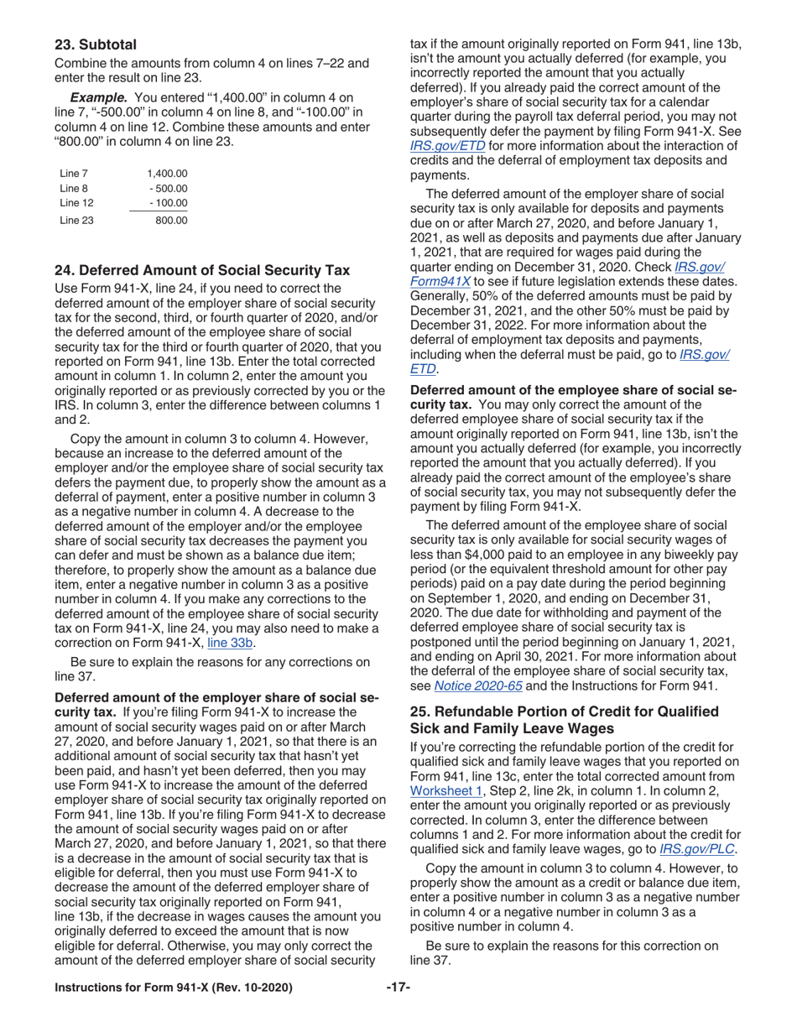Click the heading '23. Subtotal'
(x=96, y=44)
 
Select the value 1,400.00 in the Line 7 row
(x=167, y=174)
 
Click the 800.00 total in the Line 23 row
(x=171, y=221)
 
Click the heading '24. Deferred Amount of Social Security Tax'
(x=202, y=270)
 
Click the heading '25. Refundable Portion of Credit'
(x=564, y=711)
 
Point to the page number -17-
(x=398, y=988)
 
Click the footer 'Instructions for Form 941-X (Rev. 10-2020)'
(x=174, y=988)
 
